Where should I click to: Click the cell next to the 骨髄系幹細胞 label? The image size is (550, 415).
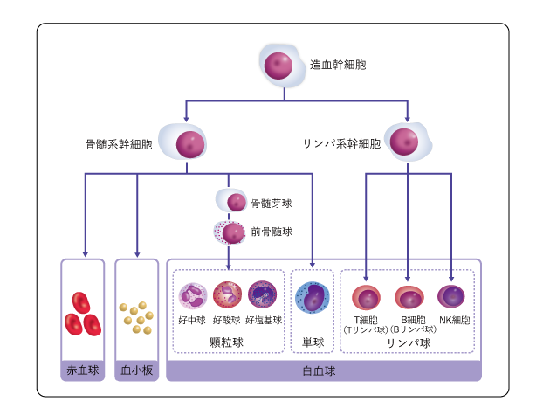point(189,144)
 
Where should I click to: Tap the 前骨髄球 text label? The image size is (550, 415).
point(271,232)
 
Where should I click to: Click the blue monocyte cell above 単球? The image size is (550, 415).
point(312,297)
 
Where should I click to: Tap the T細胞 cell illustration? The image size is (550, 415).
point(366,297)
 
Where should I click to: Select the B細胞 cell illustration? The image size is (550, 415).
point(409,297)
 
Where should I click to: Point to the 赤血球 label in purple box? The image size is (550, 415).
point(83,370)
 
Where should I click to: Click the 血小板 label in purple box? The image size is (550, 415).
point(136,370)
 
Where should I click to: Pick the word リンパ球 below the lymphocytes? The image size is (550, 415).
point(409,342)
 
